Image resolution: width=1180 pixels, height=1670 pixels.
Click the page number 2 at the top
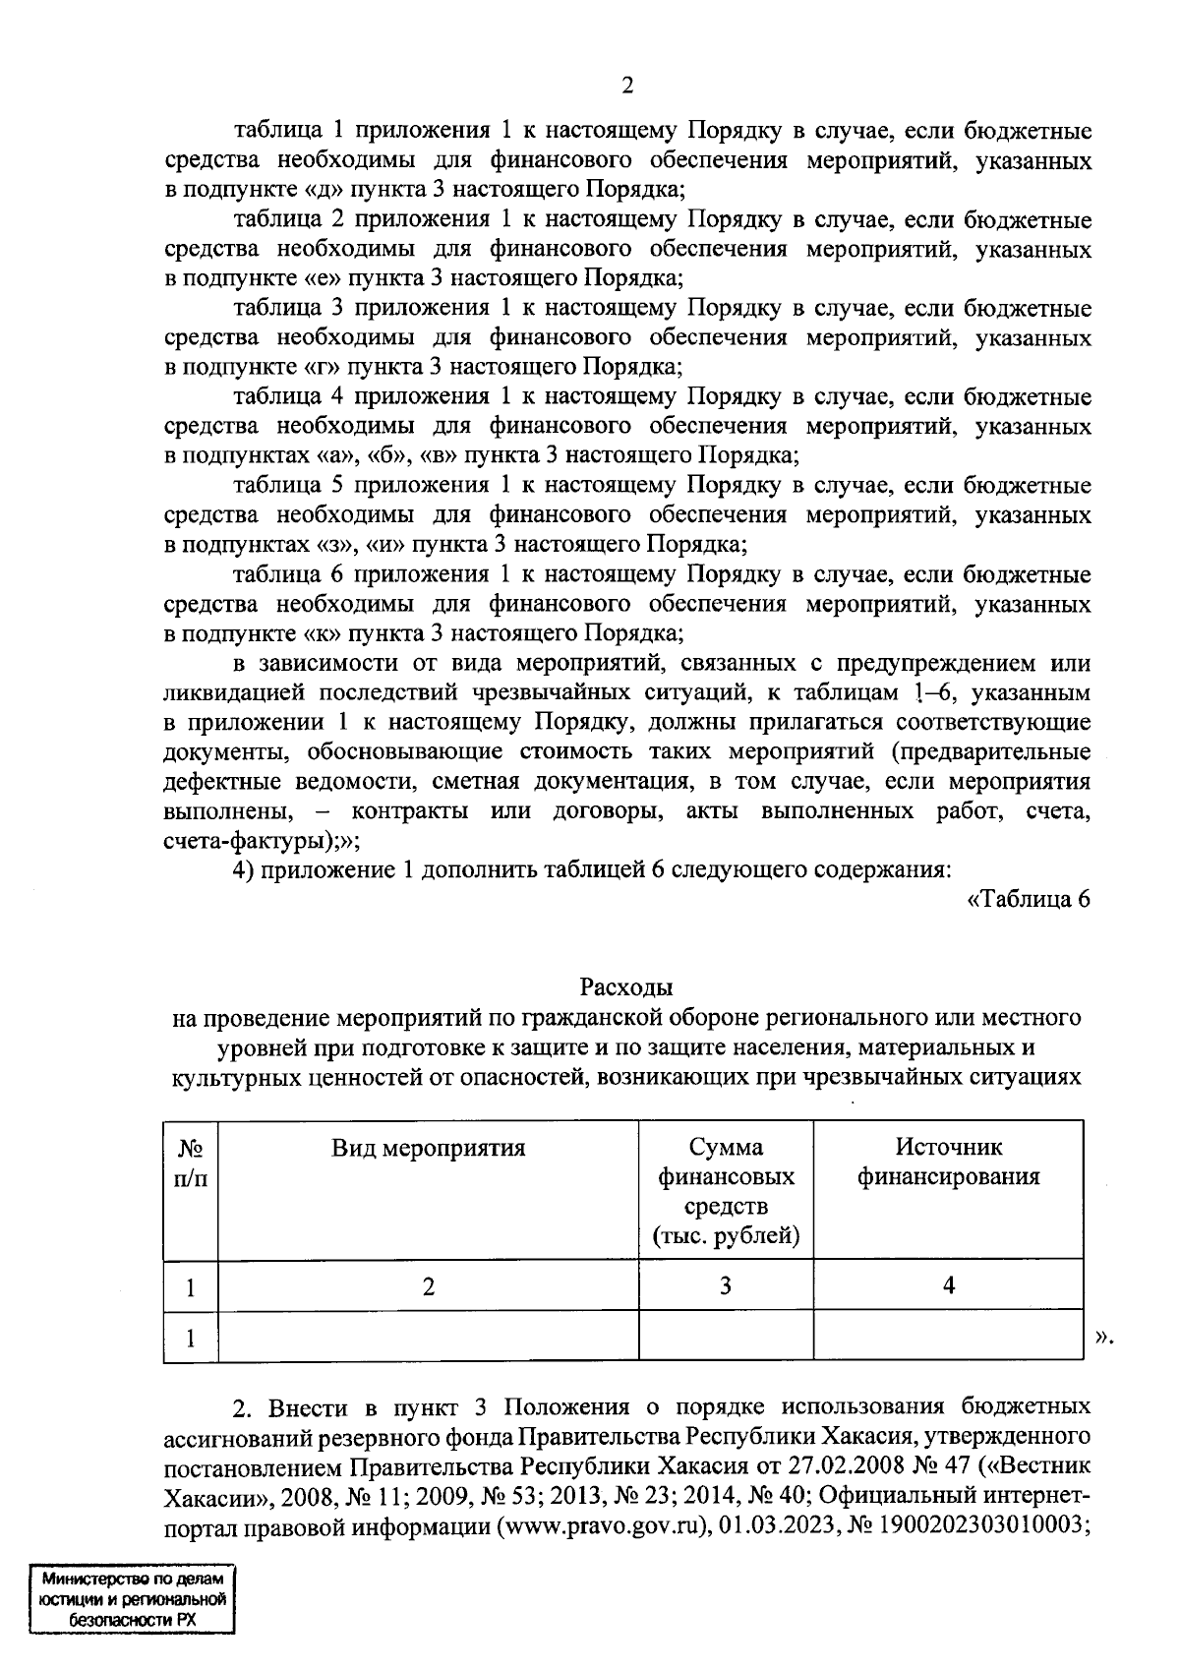coord(626,86)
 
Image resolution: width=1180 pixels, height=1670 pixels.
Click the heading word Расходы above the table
coord(626,986)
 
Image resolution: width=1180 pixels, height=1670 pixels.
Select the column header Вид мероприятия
coord(428,1148)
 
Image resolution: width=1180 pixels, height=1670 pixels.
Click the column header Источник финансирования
coord(948,1162)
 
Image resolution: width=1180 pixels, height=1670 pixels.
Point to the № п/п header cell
coord(191,1162)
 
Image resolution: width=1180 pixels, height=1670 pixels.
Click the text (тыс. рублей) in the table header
coord(726,1236)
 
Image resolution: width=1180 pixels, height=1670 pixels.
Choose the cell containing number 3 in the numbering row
coord(726,1285)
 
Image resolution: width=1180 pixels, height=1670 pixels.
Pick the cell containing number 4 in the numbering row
coord(948,1285)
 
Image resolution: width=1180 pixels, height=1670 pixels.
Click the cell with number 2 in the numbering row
coord(428,1285)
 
